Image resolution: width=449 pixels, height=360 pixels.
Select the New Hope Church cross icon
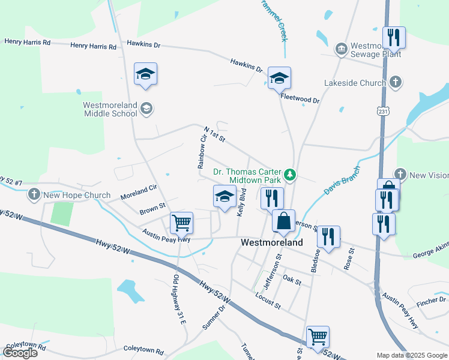[x=34, y=194]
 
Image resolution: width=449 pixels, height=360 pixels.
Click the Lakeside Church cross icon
[x=395, y=82]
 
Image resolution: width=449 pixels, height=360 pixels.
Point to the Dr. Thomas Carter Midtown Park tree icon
[x=291, y=175]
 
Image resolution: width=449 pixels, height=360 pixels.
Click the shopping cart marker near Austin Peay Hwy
[x=181, y=223]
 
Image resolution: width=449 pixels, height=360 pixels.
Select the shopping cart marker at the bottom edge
[x=318, y=336]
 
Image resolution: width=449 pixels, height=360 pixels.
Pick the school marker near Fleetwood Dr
[x=279, y=78]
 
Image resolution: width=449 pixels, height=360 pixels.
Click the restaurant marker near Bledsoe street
[x=328, y=236]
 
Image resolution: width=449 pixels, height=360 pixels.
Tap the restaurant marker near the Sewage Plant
[x=394, y=37]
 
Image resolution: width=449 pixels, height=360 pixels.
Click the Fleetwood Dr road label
[x=300, y=97]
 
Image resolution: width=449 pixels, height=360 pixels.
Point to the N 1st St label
[x=214, y=134]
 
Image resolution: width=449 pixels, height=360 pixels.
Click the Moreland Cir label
[x=138, y=192]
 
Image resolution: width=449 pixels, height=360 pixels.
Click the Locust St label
[x=268, y=301]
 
